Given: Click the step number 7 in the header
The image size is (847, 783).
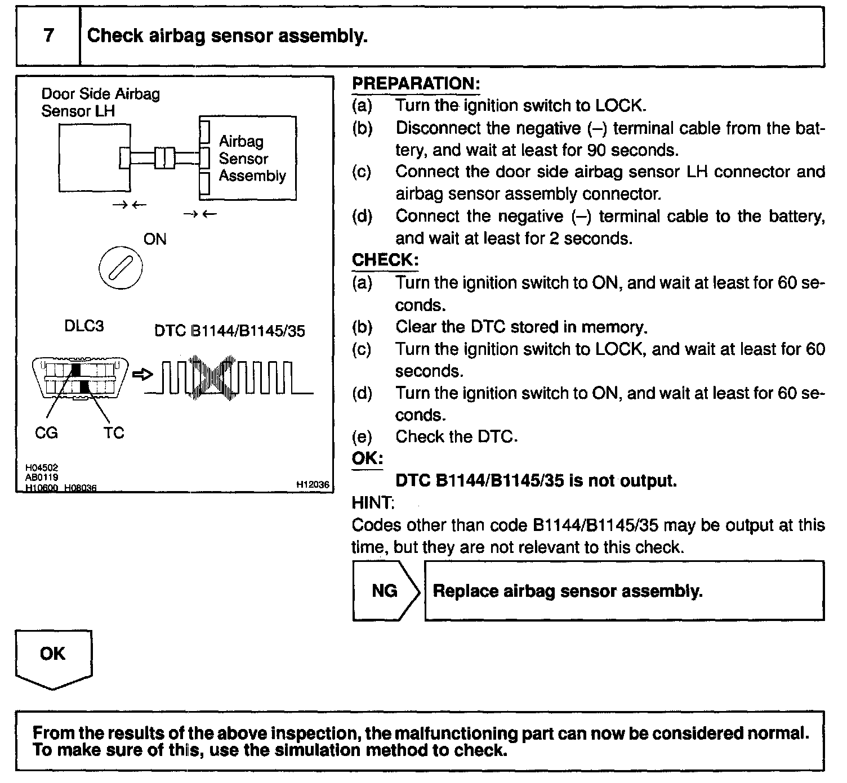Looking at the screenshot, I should point(48,36).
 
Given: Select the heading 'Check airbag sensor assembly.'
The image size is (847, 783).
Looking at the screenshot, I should point(227,36).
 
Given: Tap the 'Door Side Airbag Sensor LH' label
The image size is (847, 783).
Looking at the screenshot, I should point(100,102).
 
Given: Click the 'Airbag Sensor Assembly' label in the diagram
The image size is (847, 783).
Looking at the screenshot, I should point(252,159).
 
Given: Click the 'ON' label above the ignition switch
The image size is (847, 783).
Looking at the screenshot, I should point(155,239).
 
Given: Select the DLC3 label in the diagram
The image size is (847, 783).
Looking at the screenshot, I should point(84,326).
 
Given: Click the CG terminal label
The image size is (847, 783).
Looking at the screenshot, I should point(46,433).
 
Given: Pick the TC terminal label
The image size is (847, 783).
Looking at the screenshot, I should point(113,433).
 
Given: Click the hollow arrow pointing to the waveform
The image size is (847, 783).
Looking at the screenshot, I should point(142,375).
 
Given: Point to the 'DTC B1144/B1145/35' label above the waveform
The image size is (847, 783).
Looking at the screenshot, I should point(229,331).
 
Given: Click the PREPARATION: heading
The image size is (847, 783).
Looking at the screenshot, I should point(416,84).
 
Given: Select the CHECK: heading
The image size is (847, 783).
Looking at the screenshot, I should point(385,260).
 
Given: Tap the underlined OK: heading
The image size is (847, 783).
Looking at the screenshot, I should point(367,458).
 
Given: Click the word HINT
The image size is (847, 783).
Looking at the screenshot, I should point(372,502).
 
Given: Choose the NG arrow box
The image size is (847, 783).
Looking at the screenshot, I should point(386,591).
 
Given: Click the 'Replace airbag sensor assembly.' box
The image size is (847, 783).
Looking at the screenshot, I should point(623,591).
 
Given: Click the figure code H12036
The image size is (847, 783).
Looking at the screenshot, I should point(312,484).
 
